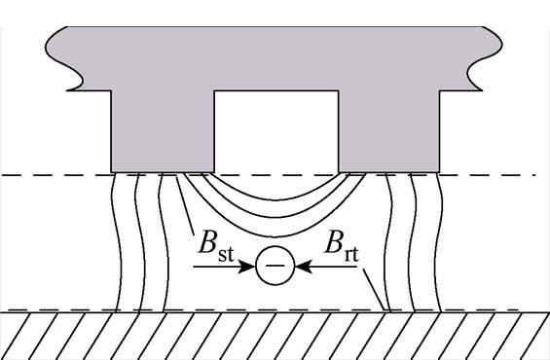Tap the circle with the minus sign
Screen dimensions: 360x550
point(275,265)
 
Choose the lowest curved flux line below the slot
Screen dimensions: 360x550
point(276,239)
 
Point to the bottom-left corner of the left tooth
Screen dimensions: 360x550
point(113,169)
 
